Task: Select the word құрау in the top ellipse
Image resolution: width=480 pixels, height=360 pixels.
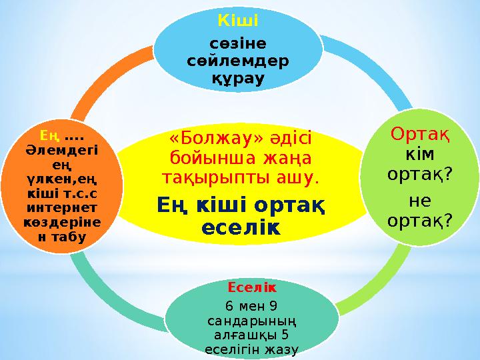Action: coord(239,79)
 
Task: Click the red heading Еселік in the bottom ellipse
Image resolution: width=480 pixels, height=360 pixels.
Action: coord(243,288)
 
